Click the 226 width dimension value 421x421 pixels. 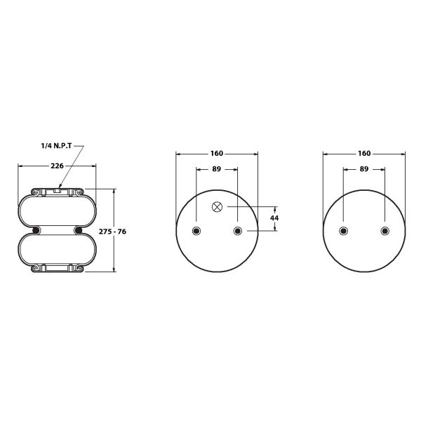[57, 166]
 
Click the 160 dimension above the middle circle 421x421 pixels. [216, 153]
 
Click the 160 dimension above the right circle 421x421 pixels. [364, 153]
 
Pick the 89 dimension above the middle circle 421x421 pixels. [216, 169]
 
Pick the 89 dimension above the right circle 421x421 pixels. [363, 169]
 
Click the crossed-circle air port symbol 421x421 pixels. [217, 207]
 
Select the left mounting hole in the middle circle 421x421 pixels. [196, 231]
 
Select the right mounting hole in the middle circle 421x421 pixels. [237, 231]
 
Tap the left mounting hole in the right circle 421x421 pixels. [343, 231]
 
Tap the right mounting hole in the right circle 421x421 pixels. [385, 231]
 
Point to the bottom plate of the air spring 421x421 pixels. [57, 269]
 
